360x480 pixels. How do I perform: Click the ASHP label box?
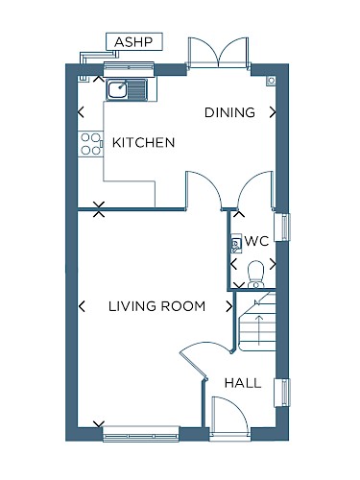[x=134, y=41]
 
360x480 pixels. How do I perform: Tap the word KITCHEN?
[x=144, y=143]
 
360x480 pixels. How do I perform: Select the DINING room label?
[x=229, y=112]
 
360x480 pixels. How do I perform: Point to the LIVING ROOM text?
[x=156, y=306]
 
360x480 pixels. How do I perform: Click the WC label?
[x=256, y=241]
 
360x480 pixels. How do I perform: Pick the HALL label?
[x=243, y=383]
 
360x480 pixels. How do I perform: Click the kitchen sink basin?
[x=118, y=89]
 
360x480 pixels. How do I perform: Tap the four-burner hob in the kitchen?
[x=90, y=144]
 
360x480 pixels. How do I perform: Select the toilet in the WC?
[x=255, y=275]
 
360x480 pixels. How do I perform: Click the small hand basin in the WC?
[x=236, y=245]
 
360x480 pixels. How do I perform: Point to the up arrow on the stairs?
[x=259, y=330]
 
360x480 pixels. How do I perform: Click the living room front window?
[x=140, y=434]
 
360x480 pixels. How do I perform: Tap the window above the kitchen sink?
[x=129, y=69]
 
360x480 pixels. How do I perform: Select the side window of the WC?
[x=282, y=227]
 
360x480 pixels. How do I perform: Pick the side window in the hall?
[x=282, y=393]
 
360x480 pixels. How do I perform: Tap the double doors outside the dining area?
[x=218, y=52]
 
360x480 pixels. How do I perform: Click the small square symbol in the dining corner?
[x=271, y=81]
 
